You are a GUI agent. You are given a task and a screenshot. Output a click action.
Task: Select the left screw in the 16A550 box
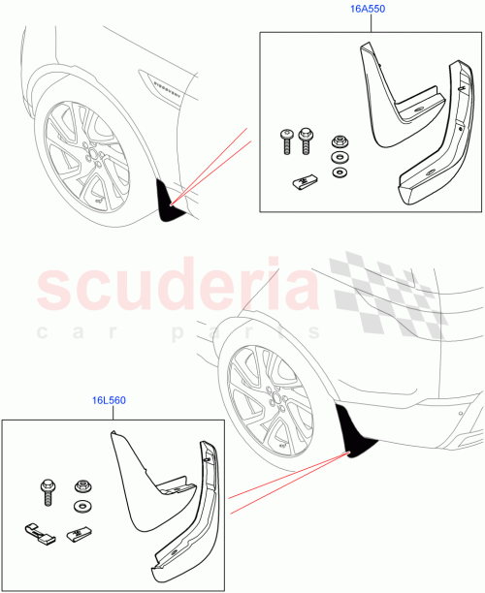click(287, 140)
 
